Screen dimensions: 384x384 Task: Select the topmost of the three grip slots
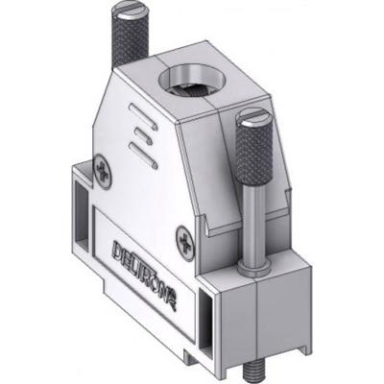141,122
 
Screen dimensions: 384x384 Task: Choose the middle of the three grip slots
141,136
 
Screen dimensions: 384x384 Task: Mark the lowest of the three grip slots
141,152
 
